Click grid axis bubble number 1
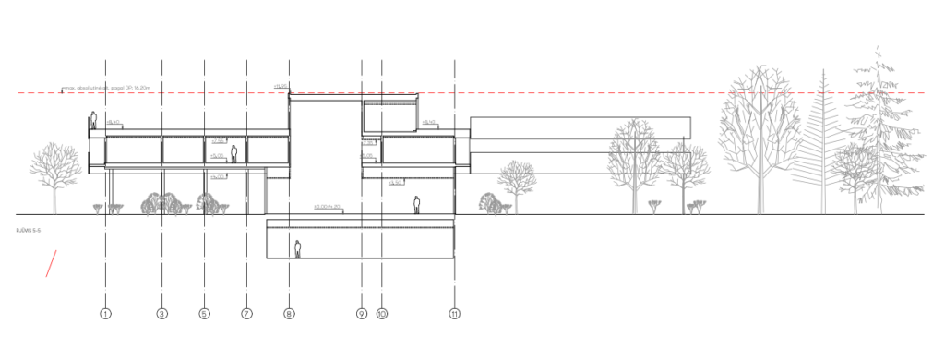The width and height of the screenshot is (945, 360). click(x=106, y=314)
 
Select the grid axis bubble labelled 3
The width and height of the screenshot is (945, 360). click(x=162, y=314)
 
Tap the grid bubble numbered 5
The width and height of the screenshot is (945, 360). click(x=204, y=314)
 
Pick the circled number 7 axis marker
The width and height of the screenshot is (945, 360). click(x=247, y=314)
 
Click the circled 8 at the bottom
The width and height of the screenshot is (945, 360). click(x=290, y=314)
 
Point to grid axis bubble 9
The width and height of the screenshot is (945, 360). click(x=362, y=314)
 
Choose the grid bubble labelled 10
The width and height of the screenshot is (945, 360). click(x=382, y=314)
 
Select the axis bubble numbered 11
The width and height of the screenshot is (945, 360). click(x=455, y=314)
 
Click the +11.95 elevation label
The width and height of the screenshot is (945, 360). click(x=281, y=86)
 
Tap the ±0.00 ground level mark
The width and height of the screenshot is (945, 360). click(x=328, y=206)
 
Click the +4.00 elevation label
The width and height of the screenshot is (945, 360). click(x=219, y=157)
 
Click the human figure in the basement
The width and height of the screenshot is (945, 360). click(x=298, y=248)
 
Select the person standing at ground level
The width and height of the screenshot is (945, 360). click(x=417, y=204)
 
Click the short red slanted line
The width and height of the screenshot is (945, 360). click(x=54, y=263)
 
